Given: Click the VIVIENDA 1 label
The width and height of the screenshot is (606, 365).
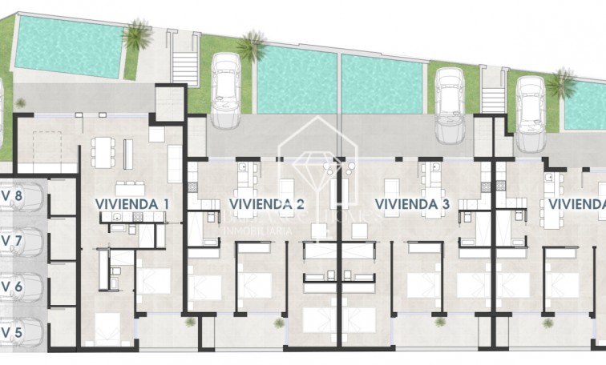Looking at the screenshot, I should point(131,204).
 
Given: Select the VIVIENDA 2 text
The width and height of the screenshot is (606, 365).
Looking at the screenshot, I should point(266,204).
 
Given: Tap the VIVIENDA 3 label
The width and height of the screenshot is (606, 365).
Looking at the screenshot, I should point(411,204).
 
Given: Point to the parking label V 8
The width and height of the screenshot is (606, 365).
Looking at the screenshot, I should point(11,195).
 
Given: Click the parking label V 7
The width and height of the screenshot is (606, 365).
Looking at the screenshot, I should point(11,240).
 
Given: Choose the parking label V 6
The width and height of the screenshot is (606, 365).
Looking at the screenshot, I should point(11,286).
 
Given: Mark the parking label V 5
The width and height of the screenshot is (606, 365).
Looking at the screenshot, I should point(11,331).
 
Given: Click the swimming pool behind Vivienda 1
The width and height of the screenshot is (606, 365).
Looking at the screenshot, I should point(68,44).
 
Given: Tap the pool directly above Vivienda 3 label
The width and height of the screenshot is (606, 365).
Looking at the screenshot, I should point(382,85).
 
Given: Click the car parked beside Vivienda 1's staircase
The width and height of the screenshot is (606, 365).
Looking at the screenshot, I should point(225,90).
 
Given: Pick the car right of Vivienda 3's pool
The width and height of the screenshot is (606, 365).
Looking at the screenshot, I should point(449,104).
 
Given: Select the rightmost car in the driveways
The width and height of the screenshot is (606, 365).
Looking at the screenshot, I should point(530,112).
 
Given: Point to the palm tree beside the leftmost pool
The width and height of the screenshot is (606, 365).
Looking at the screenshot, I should point(137,35).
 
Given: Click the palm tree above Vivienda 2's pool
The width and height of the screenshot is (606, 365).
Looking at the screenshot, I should point(251,46).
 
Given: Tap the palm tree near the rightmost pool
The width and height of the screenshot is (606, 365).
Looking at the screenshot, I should point(561,82).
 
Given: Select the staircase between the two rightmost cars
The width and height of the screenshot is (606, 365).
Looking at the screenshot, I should point(492,99).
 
